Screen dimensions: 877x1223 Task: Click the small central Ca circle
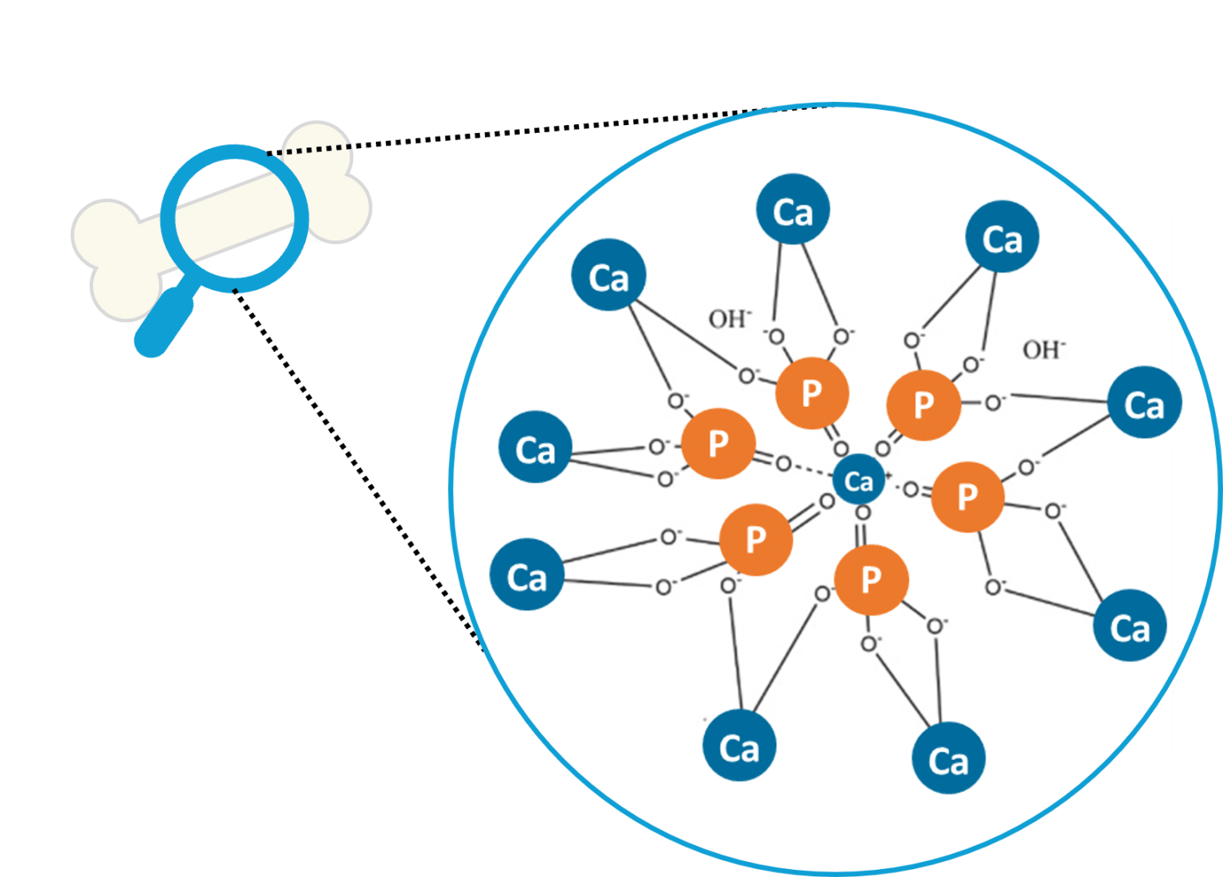[858, 481]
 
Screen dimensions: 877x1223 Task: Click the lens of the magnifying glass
[234, 216]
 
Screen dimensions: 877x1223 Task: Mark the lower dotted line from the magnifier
[358, 470]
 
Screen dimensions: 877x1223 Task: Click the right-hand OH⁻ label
[1044, 349]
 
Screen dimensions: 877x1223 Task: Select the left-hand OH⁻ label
[729, 319]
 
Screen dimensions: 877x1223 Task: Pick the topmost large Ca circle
[792, 210]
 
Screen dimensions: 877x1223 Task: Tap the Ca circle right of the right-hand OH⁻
[1144, 403]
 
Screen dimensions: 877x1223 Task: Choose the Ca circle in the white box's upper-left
[608, 276]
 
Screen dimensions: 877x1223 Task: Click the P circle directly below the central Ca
[871, 579]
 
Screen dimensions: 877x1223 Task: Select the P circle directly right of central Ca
[967, 496]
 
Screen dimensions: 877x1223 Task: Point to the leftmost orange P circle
[717, 443]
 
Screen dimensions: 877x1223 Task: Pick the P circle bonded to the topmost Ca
[811, 392]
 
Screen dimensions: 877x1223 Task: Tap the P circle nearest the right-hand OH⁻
[923, 404]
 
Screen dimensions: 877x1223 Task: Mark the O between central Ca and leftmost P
[783, 463]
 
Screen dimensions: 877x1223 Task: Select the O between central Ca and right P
[911, 490]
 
